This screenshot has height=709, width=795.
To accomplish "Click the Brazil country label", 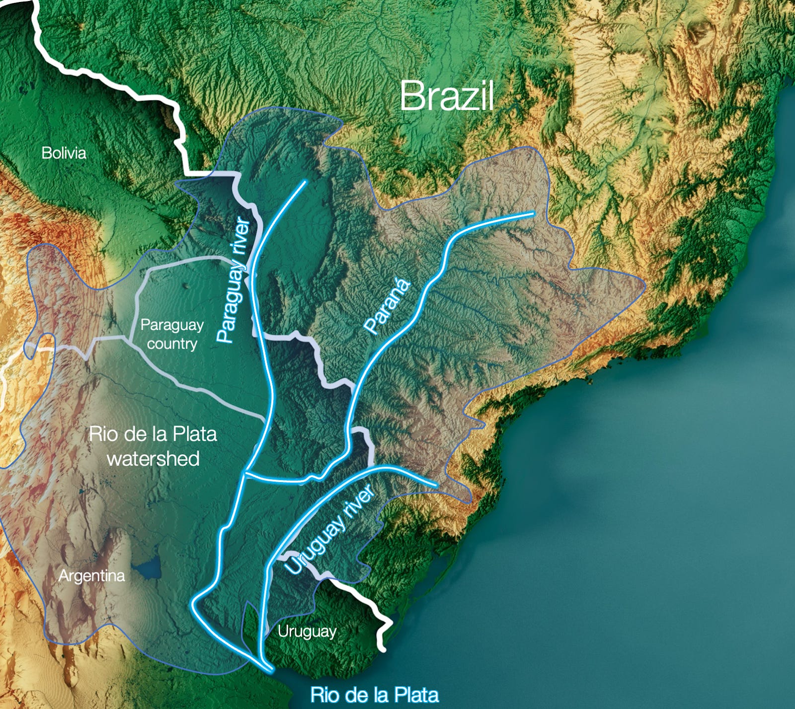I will pos(446,96).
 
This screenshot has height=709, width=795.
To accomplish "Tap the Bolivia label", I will pos(64,153).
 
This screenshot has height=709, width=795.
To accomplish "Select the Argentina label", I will pos(91,576).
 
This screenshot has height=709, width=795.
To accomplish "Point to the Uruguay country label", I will pos(307,632).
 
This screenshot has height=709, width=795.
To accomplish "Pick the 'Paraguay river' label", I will pos(233,280).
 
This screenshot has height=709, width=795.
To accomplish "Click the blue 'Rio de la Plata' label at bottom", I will pos(374,694).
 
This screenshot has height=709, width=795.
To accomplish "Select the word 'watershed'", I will pos(153,459).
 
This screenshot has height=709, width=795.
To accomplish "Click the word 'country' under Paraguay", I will pos(172,344).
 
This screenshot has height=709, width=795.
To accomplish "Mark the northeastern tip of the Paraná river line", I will pos(533,214).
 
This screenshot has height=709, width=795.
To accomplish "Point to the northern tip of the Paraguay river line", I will pos(305,182).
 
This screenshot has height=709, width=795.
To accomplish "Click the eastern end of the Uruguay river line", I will pos(436,485).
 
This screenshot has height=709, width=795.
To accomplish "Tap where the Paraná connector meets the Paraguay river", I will pos(245,473).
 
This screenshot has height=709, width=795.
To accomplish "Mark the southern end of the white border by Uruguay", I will pos(383,648).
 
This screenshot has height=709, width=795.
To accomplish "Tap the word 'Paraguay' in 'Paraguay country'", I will pos(172,325).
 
